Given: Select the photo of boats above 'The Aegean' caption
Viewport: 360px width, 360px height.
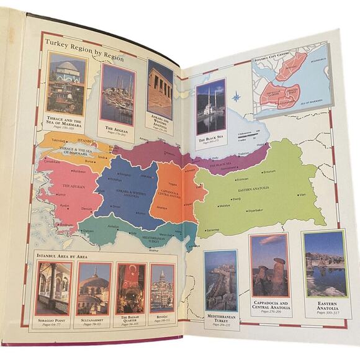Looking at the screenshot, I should coord(117,93).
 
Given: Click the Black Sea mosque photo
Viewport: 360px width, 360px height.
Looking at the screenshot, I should coord(210,106).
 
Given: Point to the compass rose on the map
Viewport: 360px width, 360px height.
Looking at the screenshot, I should coord(236,97).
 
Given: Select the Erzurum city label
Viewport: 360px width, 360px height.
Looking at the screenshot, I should coord(269,171).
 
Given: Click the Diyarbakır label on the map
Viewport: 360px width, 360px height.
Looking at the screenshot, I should coord(256,210).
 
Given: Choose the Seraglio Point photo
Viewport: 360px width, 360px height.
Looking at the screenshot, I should coord(53,288).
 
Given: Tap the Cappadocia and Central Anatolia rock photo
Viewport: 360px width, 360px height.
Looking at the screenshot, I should coord(269,265).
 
